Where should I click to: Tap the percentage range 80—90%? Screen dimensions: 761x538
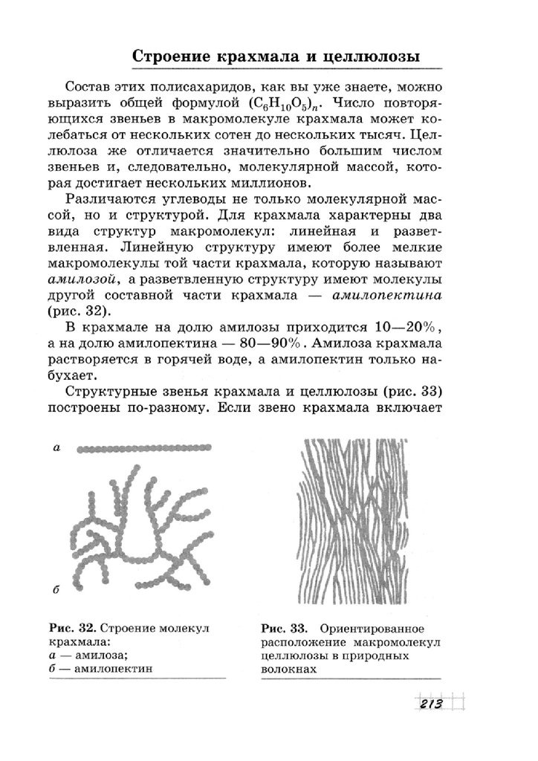(276, 346)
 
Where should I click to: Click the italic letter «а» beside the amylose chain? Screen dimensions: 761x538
(56, 447)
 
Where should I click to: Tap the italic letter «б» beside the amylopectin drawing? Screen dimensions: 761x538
(56, 589)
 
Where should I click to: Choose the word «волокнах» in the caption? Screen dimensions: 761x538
(289, 669)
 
